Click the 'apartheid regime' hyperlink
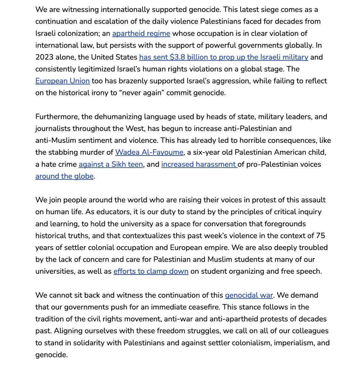coord(141,33)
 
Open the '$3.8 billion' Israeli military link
coord(223,57)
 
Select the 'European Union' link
coord(62,81)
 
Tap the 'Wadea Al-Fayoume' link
coord(149,152)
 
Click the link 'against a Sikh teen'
coord(111,164)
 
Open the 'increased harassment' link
coord(199,164)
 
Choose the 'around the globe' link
coord(64,176)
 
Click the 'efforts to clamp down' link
coord(151,271)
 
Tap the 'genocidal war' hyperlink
coord(249,295)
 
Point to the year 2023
coord(45,57)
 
